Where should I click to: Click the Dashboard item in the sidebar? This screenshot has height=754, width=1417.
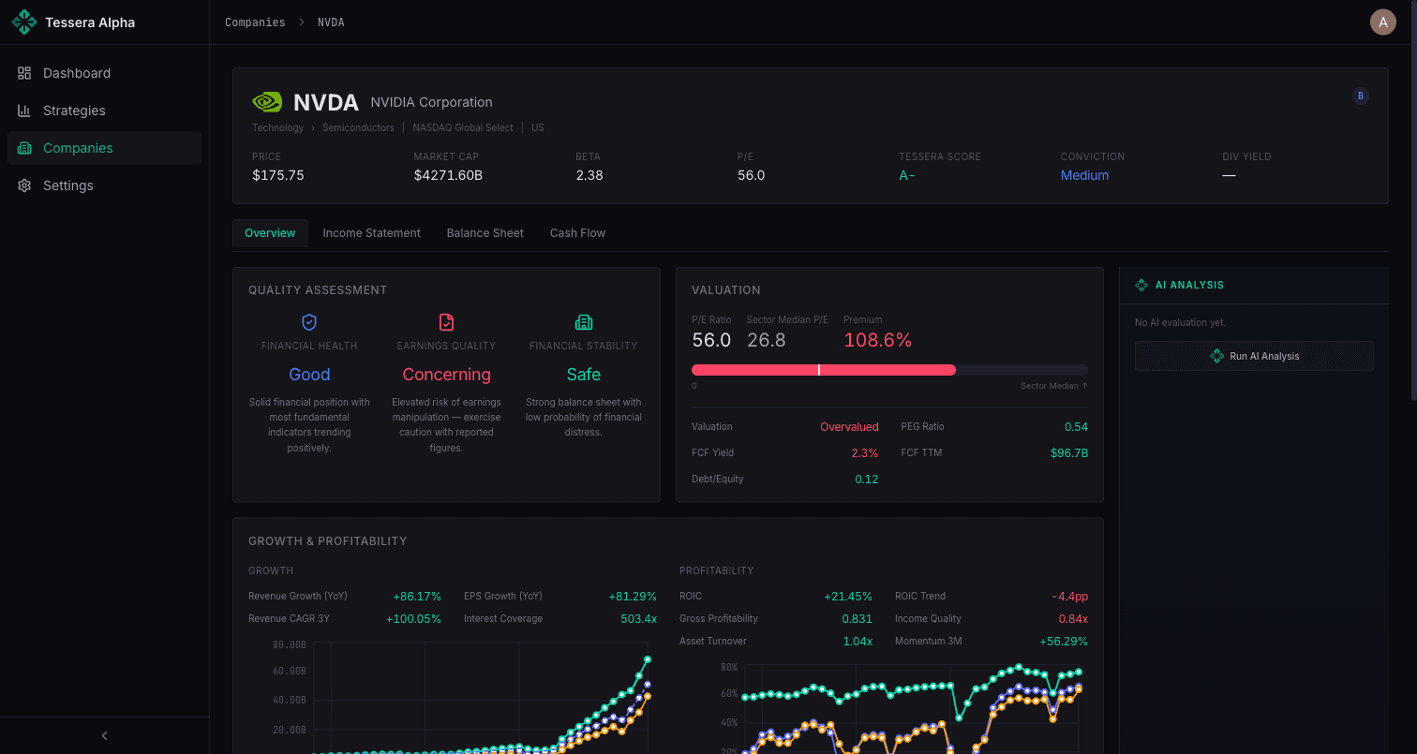[x=76, y=73]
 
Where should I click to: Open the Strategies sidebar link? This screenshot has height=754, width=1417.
[x=74, y=111]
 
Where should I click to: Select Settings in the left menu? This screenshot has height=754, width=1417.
[x=67, y=185]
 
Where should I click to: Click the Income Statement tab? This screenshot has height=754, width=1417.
[x=371, y=233]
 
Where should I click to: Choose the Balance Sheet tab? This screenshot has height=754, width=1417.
[x=485, y=233]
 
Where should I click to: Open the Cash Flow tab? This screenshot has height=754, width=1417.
[x=577, y=233]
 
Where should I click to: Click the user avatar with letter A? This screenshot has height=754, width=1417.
[x=1382, y=22]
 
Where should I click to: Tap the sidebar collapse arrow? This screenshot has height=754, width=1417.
[x=104, y=736]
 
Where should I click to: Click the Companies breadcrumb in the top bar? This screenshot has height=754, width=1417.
[x=255, y=22]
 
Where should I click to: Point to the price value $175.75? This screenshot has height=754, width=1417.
[x=278, y=175]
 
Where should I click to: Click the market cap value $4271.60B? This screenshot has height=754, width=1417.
[x=448, y=175]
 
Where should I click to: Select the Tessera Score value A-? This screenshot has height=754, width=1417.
[x=906, y=175]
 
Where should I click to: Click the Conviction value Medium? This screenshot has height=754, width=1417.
[x=1084, y=175]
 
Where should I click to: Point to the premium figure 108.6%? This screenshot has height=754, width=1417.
[x=877, y=340]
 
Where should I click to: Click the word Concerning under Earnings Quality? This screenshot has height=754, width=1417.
[x=446, y=375]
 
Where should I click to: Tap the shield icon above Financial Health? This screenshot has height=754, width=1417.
[x=309, y=322]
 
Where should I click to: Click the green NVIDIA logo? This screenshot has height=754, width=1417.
[x=267, y=102]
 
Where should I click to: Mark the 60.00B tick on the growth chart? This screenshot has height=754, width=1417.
[x=289, y=671]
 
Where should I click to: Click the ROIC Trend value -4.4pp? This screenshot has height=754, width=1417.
[x=1069, y=597]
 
